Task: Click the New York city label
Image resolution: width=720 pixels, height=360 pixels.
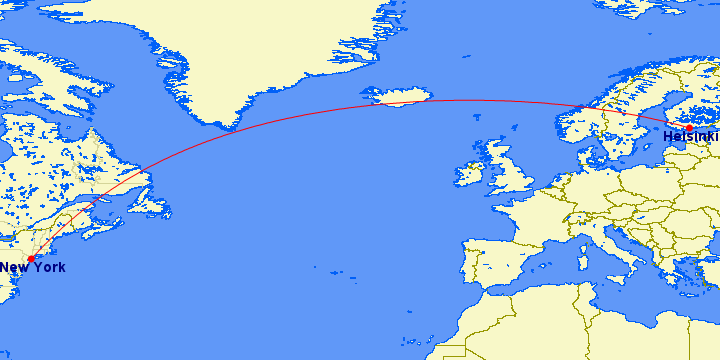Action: pyautogui.click(x=32, y=268)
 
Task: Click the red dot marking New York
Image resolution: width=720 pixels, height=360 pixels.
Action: pyautogui.click(x=31, y=258)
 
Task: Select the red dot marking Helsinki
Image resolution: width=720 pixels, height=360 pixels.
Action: pyautogui.click(x=689, y=128)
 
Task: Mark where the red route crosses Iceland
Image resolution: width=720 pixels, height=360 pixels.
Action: pyautogui.click(x=405, y=102)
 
